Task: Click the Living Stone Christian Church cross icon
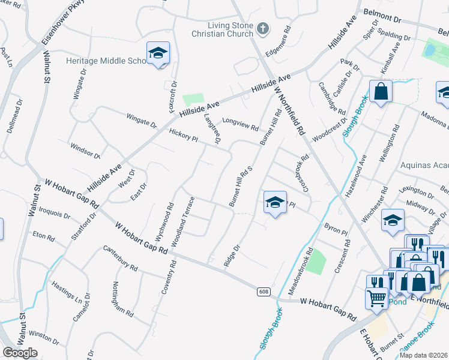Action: tap(262, 28)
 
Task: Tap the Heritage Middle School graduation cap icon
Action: tap(158, 53)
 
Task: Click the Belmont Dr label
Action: tap(386, 13)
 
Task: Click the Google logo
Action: tap(20, 353)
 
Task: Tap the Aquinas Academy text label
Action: tap(424, 165)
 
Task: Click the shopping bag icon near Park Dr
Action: tap(381, 92)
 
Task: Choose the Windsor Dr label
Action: tap(85, 151)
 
